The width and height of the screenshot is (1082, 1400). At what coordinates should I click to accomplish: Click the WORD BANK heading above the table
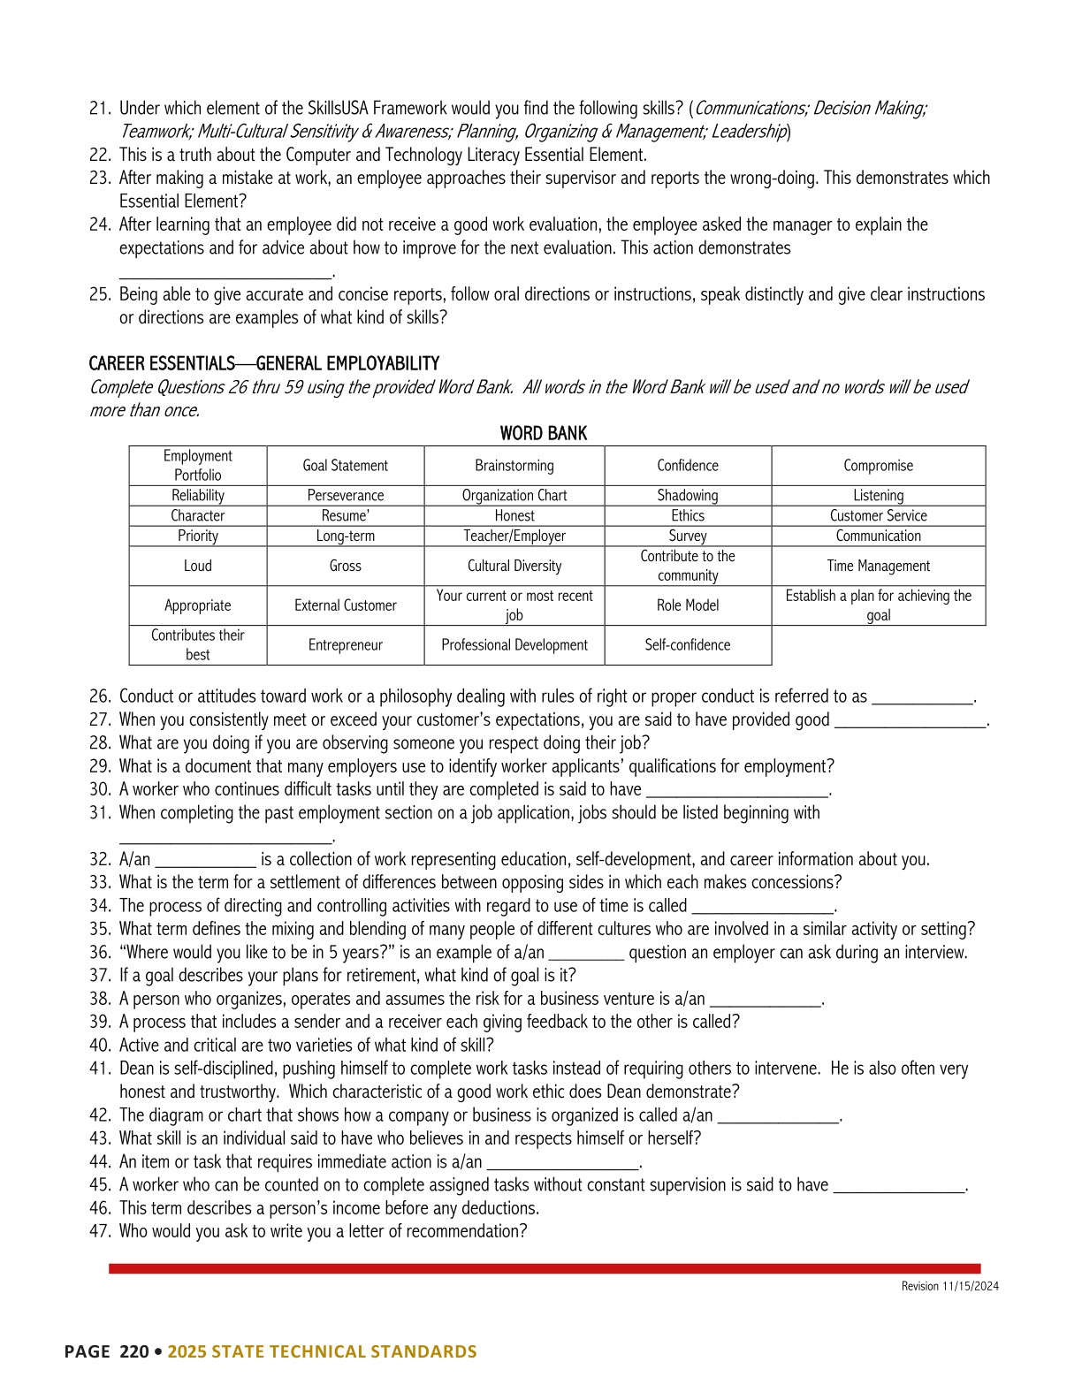[x=543, y=433]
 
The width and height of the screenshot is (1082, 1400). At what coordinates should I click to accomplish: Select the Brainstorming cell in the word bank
[x=514, y=466]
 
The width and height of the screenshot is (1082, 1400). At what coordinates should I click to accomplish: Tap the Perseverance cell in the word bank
[x=346, y=496]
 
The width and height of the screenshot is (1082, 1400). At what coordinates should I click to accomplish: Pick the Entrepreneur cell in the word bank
[x=346, y=645]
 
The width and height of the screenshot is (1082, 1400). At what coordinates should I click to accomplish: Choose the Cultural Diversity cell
[x=514, y=566]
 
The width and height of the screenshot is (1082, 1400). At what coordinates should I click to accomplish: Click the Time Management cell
[x=878, y=566]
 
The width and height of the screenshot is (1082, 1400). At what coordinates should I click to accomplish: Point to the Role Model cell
[x=688, y=605]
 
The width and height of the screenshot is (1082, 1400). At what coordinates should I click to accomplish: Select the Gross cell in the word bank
[x=346, y=566]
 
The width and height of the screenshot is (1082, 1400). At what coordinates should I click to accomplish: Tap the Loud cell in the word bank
[x=198, y=566]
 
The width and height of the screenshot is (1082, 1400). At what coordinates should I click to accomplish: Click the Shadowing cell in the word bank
[x=688, y=496]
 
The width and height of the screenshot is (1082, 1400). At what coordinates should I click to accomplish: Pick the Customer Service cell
[x=878, y=515]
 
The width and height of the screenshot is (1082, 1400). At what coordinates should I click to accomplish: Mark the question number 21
[x=99, y=109]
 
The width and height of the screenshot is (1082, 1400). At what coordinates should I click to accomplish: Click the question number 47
[x=99, y=1231]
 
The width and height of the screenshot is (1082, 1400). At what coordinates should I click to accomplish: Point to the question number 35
[x=99, y=929]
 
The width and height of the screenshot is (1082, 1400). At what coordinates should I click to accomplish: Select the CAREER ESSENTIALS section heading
[x=264, y=363]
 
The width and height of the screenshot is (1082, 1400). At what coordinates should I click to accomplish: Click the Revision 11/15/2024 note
[x=949, y=1286]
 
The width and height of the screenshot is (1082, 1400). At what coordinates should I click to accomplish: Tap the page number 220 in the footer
[x=134, y=1351]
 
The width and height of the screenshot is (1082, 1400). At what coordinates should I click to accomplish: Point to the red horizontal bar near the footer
[x=545, y=1268]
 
